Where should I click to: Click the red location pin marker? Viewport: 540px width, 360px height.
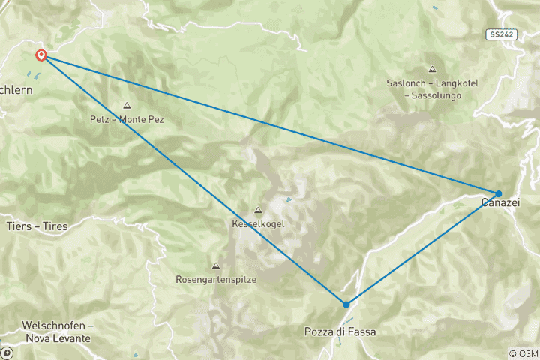tap(41, 55)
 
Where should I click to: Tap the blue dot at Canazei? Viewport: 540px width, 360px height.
tap(498, 193)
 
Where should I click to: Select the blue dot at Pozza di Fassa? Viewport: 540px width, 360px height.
tap(346, 304)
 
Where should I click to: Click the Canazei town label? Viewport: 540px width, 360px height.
tap(499, 202)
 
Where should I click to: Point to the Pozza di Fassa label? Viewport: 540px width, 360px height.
tap(340, 331)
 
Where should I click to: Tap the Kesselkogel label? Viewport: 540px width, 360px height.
tap(259, 223)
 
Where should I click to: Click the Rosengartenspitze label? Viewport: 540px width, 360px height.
tap(216, 279)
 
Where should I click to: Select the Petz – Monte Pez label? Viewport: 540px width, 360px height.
tap(127, 119)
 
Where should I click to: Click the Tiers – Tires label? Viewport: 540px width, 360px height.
tap(37, 226)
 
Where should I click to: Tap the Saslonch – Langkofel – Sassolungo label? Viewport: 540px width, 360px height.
tap(431, 89)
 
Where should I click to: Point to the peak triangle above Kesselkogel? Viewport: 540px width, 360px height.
tap(259, 211)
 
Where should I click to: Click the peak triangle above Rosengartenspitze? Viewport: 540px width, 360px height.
tap(216, 265)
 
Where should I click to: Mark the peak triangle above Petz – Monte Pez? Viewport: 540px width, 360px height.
tap(127, 106)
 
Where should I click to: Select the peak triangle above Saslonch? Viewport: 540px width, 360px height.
tap(432, 69)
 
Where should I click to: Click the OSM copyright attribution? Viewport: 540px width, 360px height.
tap(523, 352)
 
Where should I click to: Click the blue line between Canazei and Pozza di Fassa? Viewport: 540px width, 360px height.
tap(422, 248)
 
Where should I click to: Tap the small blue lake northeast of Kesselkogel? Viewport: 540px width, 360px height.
tap(289, 199)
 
